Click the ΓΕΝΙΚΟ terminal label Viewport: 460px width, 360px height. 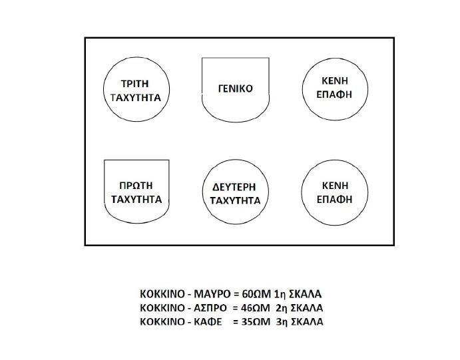235,89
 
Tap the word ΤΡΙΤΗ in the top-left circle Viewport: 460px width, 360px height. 135,84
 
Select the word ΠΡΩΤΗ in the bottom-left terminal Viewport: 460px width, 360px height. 136,186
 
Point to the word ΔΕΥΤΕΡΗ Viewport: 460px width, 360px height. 234,187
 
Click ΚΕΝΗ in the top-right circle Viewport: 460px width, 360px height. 335,81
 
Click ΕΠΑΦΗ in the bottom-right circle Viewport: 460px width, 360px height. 334,200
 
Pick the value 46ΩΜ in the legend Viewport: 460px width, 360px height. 255,308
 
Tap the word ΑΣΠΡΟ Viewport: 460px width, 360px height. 210,308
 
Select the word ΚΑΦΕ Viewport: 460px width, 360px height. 208,321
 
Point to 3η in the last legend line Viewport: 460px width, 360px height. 281,321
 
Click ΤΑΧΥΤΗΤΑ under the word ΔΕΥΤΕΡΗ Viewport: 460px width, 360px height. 235,201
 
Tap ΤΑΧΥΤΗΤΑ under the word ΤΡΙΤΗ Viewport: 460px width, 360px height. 136,98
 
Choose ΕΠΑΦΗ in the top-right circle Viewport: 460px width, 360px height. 334,94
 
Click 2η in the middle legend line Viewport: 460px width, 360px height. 281,308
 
